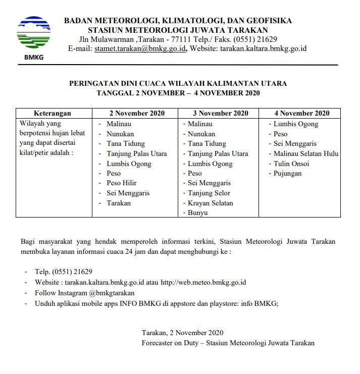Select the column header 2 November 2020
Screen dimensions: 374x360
pos(137,113)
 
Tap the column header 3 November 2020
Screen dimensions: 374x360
pos(221,113)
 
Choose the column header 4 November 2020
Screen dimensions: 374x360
pos(302,113)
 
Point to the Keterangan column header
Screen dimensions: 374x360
pos(52,113)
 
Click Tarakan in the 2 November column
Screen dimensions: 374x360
pos(118,203)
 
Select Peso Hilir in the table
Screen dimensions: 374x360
pos(121,183)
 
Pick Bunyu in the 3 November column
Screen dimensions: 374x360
pos(198,212)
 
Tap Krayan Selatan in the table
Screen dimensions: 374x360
pos(211,203)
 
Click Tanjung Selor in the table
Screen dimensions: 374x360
pos(209,193)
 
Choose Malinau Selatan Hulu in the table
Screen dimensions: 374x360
pos(305,153)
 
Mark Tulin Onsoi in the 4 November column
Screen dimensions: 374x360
pos(291,164)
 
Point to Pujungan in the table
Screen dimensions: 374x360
pos(287,173)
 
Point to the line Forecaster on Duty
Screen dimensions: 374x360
pos(228,343)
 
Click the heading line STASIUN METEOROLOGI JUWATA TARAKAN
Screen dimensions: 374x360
pos(178,30)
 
